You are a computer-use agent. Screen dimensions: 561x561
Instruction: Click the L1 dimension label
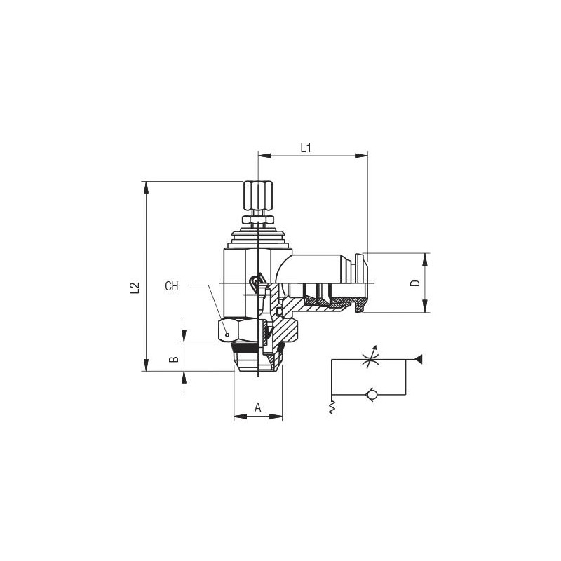306,148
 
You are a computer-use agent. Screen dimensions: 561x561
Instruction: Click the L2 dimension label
135,288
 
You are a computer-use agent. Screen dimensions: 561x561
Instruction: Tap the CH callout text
171,286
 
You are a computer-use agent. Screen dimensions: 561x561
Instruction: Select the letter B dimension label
174,358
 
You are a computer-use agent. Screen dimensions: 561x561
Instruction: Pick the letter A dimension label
258,407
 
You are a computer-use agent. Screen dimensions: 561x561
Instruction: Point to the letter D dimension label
415,283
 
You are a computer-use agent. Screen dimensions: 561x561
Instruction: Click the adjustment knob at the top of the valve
257,196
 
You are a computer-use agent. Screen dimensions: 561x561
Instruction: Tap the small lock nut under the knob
258,219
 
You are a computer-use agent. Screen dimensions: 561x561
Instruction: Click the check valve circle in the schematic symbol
370,395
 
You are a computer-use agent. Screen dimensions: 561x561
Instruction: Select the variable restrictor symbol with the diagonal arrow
370,358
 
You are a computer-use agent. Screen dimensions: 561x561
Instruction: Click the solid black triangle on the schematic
418,359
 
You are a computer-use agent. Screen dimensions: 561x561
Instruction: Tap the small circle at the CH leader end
227,335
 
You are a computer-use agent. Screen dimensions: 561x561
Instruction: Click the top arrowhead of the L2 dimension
146,187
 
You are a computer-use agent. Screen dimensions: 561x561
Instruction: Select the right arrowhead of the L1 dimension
361,156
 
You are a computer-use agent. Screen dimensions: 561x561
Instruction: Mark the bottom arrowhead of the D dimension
425,306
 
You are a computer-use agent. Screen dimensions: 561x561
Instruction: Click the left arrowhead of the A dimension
241,417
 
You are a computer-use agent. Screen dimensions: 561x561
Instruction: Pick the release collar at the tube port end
360,283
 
